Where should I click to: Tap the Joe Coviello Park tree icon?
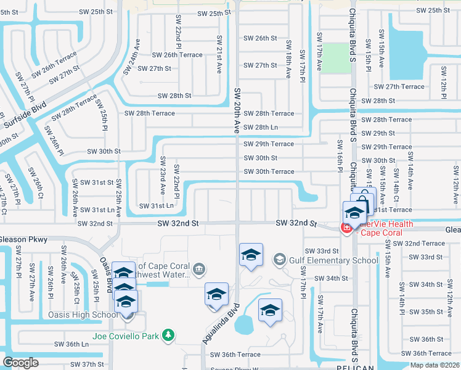168,336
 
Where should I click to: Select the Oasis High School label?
83,315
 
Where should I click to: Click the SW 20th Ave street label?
237,111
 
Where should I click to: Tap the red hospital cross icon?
346,228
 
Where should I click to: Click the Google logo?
20,363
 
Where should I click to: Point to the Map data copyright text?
434,365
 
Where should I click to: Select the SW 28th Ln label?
261,127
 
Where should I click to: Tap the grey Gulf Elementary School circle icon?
279,260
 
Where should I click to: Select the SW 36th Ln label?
71,344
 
